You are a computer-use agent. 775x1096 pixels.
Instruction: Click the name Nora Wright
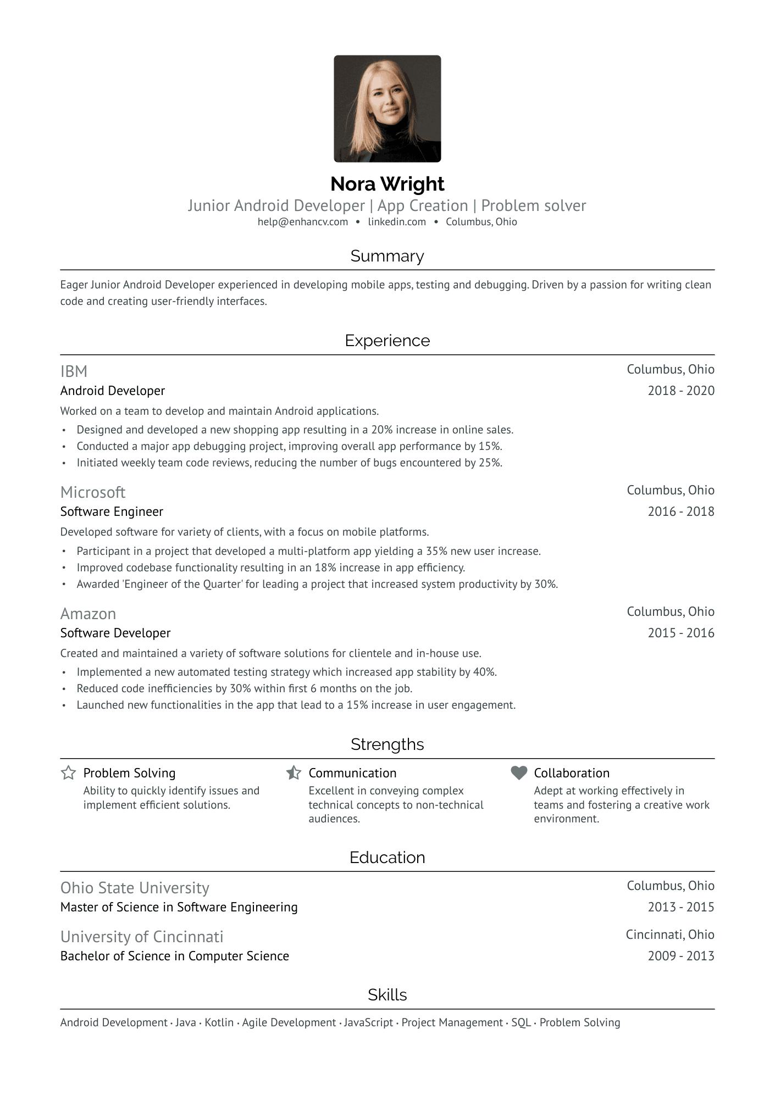tap(387, 184)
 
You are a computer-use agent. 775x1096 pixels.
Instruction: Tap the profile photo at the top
tap(387, 109)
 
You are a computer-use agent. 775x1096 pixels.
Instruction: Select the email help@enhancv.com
tap(303, 222)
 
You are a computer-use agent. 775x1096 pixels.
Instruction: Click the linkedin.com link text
tap(397, 222)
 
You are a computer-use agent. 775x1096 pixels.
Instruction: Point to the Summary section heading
tap(387, 257)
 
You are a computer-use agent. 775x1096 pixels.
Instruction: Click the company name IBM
tap(74, 372)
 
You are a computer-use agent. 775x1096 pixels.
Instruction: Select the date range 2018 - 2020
tap(680, 391)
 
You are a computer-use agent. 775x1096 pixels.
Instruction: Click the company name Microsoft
tap(93, 493)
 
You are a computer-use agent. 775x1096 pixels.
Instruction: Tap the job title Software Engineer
tap(112, 512)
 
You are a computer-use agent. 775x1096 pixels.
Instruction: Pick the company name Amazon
tap(88, 614)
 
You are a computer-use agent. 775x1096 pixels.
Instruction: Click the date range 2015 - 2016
tap(680, 633)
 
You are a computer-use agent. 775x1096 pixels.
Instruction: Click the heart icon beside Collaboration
tap(518, 773)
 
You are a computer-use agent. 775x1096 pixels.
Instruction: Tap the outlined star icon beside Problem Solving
tap(68, 773)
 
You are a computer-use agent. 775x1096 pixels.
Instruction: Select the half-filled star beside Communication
tap(294, 773)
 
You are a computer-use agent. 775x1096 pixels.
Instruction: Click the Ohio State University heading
tap(135, 888)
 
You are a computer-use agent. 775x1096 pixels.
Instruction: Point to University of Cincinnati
tap(142, 937)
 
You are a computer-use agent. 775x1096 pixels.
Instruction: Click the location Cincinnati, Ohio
tap(669, 935)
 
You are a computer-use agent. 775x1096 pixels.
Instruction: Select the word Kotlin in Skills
tap(219, 1023)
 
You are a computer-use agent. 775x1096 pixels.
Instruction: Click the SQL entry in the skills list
tap(521, 1023)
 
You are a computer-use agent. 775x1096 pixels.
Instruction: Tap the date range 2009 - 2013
tap(680, 956)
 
